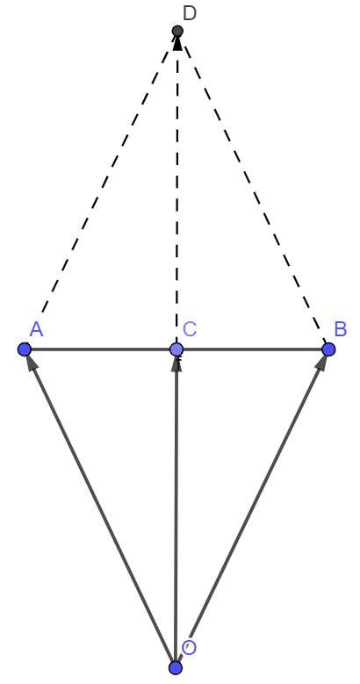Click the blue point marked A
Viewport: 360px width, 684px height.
pos(25,349)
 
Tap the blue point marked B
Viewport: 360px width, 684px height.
pos(328,349)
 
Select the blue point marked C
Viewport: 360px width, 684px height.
pos(176,349)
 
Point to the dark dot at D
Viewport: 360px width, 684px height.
pos(177,31)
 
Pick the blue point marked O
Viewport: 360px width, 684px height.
pos(176,667)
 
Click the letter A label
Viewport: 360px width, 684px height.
pos(37,330)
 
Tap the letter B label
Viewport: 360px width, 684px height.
pos(341,329)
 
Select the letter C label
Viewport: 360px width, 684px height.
pos(190,329)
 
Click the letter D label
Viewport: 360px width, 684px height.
pos(190,13)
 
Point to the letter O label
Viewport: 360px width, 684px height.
pos(189,647)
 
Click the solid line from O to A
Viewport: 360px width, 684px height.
pos(100,508)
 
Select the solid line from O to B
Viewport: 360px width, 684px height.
pos(252,508)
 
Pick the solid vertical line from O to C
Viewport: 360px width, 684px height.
pos(176,508)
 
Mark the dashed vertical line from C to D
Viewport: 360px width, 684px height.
pos(176,190)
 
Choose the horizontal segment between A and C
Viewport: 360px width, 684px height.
pos(100,349)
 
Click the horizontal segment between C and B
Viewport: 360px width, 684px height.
pos(252,349)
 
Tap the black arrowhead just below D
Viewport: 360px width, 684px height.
pos(177,43)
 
